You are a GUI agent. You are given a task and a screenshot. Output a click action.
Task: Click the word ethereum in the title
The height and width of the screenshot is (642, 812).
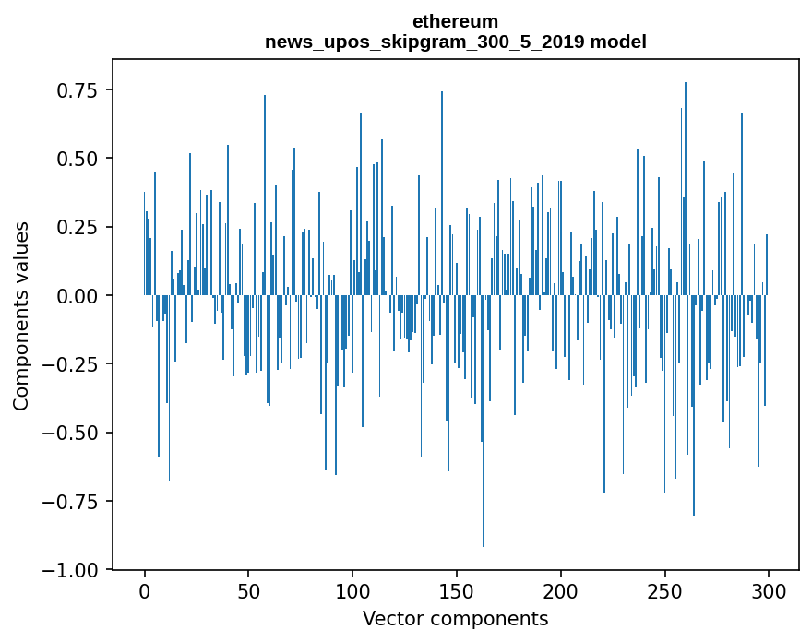point(455,21)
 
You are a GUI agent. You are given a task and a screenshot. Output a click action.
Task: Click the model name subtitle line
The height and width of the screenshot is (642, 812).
point(455,42)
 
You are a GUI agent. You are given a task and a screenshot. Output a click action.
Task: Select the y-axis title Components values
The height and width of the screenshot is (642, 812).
point(21,315)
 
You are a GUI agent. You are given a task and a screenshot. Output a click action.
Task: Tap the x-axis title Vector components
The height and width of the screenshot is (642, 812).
point(455,619)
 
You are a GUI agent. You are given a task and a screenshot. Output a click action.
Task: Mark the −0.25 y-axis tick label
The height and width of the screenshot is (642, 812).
point(72,364)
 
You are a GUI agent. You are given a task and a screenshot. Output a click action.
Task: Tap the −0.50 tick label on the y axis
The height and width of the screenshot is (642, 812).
point(72,433)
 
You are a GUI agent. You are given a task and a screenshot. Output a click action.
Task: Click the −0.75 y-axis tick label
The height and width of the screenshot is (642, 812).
point(72,502)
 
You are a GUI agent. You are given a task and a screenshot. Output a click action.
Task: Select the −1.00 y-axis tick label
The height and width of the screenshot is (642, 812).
point(72,570)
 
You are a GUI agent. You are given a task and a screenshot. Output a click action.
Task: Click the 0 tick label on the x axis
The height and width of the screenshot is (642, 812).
point(145,592)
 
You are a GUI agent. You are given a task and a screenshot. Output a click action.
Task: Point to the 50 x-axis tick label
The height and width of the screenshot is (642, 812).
point(248,592)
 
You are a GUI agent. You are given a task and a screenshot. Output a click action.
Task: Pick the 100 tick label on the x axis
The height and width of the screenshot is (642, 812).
point(352,592)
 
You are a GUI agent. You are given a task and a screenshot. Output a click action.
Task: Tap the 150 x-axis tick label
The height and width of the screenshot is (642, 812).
point(457,592)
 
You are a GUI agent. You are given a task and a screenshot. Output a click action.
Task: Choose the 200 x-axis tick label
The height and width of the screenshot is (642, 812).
point(560,592)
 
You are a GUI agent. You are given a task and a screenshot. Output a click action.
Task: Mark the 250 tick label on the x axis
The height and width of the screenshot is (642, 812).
point(664,592)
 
